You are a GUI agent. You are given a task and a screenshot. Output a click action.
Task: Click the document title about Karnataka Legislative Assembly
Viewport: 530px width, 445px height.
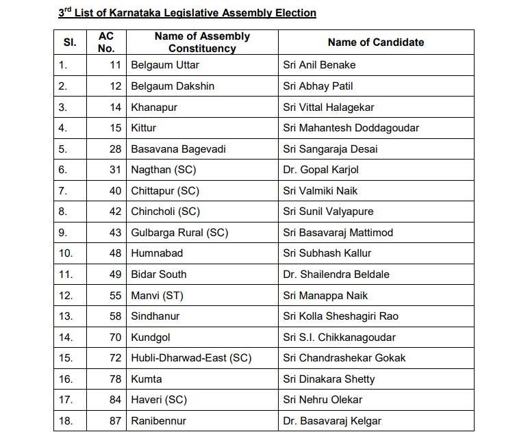(187, 13)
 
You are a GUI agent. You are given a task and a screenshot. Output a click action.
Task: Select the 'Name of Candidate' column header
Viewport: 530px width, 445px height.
(375, 42)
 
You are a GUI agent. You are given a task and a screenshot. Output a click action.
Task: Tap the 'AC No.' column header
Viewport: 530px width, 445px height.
(106, 42)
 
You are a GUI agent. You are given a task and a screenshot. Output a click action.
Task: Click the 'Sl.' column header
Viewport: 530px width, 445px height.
(70, 42)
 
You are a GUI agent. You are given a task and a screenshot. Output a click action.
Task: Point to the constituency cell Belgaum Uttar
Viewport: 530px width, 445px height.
(165, 65)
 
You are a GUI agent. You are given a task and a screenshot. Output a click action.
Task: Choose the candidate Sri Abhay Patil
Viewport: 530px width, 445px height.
(318, 86)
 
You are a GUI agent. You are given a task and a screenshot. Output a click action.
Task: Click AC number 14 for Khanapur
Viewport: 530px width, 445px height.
(115, 107)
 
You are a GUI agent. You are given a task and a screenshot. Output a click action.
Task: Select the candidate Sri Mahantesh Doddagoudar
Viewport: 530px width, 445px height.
(351, 128)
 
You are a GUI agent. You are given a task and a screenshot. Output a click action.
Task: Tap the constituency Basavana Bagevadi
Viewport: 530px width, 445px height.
(178, 149)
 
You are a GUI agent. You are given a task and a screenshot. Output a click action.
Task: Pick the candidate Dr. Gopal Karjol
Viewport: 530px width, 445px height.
(320, 170)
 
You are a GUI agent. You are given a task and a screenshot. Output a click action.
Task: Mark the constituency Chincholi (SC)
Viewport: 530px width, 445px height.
(166, 212)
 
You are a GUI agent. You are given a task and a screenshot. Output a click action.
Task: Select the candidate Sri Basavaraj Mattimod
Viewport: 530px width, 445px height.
(338, 233)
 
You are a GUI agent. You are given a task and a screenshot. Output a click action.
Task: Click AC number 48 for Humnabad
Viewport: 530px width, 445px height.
(115, 253)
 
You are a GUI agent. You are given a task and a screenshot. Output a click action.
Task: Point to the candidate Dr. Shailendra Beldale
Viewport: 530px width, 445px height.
(336, 275)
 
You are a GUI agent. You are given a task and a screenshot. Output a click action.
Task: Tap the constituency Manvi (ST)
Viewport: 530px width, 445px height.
(157, 296)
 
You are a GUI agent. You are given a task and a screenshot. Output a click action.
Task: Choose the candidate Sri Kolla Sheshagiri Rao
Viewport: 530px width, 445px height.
(340, 316)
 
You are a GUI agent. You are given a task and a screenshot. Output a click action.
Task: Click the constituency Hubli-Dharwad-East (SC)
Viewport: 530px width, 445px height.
(191, 358)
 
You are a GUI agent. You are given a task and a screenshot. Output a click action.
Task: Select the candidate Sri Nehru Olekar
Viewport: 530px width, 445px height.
(323, 400)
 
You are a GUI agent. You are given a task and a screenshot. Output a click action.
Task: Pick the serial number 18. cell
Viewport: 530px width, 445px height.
(66, 421)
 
